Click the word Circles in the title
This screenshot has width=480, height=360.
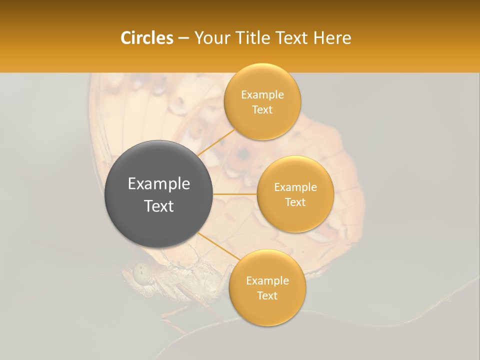point(146,38)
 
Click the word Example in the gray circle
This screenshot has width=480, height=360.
point(159,184)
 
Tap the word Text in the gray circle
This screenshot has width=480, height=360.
point(159,206)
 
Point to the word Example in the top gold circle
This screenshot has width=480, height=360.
point(262,95)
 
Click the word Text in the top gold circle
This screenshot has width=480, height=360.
point(262,110)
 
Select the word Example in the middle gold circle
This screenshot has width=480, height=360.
point(295,187)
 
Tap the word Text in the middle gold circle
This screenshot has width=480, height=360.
point(295,202)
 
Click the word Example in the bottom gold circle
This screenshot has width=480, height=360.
point(267,281)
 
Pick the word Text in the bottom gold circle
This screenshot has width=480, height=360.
point(267,296)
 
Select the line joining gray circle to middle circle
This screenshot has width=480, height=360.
point(235,194)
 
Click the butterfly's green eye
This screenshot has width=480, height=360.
point(141,273)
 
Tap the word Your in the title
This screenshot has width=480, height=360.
point(210,38)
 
